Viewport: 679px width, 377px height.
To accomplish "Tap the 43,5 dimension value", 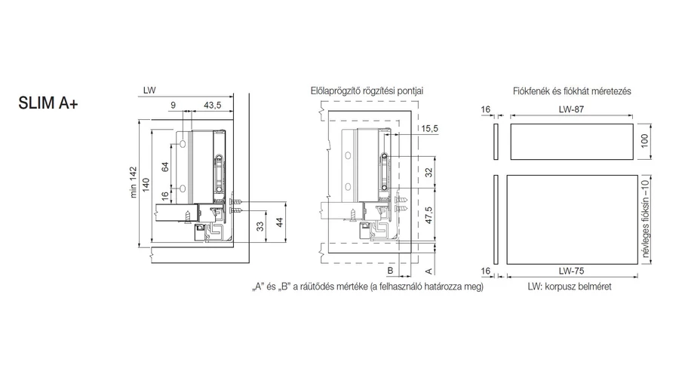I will pyautogui.click(x=214, y=106).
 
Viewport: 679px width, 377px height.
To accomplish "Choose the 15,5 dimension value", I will pyautogui.click(x=430, y=129).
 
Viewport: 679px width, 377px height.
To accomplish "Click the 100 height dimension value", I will pyautogui.click(x=644, y=140).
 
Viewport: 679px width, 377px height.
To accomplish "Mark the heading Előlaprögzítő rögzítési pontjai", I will pyautogui.click(x=367, y=90).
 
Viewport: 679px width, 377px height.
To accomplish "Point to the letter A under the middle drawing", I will pyautogui.click(x=428, y=270).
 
